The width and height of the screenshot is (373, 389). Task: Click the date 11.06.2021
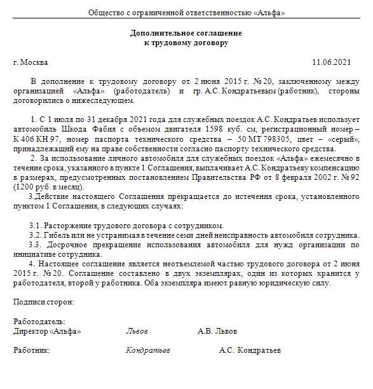tap(330, 62)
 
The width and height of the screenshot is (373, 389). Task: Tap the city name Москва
tap(34, 62)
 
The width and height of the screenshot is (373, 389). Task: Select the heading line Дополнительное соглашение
tap(186, 33)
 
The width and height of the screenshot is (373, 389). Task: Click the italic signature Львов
tap(137, 331)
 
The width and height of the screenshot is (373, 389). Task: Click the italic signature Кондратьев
tap(147, 350)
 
